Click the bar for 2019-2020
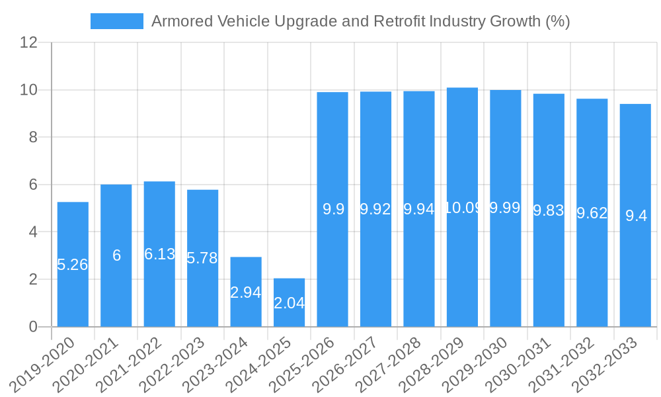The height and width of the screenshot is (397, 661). click(x=73, y=265)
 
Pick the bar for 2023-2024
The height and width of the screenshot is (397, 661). click(x=246, y=292)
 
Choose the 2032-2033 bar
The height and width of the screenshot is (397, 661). click(x=635, y=215)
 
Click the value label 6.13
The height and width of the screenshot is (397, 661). click(x=159, y=254)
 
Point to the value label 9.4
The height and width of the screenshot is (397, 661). click(x=636, y=216)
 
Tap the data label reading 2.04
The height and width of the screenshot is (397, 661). click(x=289, y=303)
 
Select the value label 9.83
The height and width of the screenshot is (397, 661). click(x=549, y=210)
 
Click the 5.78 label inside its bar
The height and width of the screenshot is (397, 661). click(x=202, y=258)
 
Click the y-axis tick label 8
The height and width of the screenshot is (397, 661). click(x=33, y=137)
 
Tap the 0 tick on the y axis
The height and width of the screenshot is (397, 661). click(x=33, y=327)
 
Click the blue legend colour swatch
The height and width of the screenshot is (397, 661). click(x=117, y=21)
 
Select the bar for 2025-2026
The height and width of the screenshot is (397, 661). click(x=332, y=209)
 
